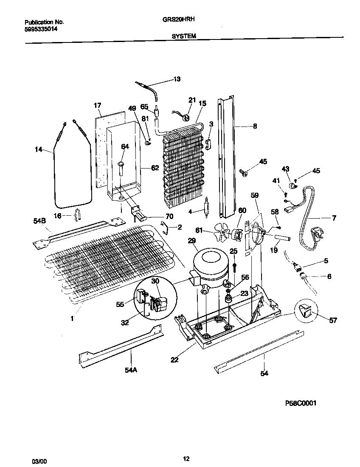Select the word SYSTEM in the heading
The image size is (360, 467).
(184, 37)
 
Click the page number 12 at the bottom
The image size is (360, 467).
(186, 458)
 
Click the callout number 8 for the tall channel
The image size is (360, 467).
(255, 126)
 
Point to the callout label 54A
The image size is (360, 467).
(131, 370)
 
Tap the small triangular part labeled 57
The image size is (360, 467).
(307, 312)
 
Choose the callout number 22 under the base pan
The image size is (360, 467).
(174, 360)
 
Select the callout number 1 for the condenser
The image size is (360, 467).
(72, 318)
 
